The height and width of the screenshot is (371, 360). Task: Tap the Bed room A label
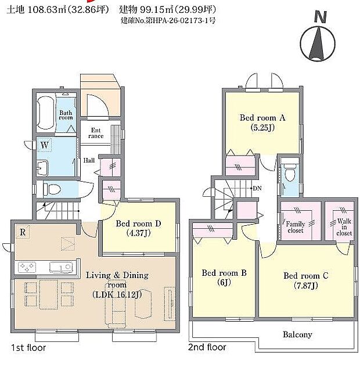[x=262, y=122]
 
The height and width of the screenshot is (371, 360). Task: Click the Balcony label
[x=297, y=334]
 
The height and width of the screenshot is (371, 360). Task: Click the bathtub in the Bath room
[x=45, y=113]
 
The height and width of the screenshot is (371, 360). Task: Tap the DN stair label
[x=257, y=188]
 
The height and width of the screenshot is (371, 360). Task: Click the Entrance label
[x=96, y=133]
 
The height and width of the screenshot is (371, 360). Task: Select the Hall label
[x=89, y=160]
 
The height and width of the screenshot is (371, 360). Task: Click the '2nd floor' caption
[x=207, y=348]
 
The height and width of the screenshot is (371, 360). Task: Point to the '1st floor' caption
[x=28, y=348]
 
